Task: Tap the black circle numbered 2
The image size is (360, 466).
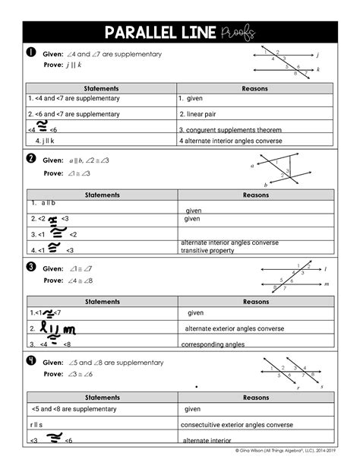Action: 31,159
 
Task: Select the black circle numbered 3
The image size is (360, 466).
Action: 31,267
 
